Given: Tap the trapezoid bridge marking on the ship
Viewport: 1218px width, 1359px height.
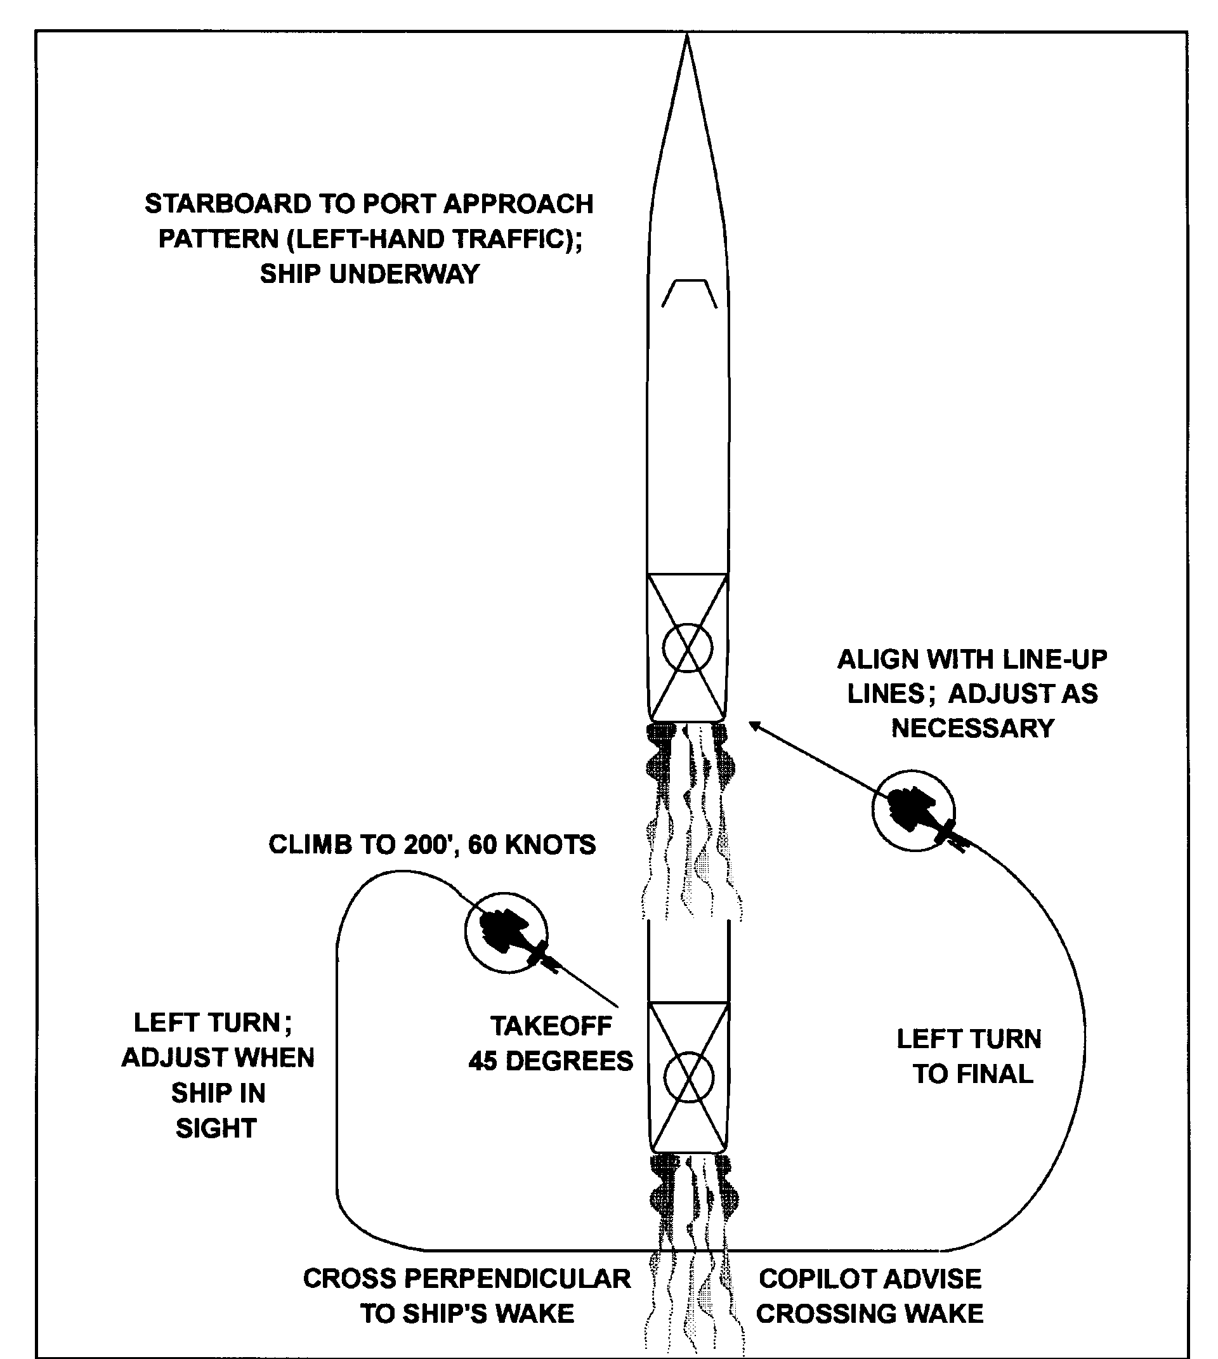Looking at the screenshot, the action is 690,281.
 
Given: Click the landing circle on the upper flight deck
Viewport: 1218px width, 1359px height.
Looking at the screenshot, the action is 687,647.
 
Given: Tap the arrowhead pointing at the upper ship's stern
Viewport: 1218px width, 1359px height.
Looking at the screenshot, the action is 755,726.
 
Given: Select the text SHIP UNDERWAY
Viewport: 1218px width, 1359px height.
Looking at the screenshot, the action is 370,274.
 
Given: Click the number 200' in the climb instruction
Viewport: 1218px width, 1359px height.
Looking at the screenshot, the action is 431,845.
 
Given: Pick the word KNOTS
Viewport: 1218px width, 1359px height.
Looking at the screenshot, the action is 549,845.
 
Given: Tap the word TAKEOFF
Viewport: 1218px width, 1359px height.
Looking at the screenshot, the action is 551,1026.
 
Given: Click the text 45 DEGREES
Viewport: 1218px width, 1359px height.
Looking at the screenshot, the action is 551,1060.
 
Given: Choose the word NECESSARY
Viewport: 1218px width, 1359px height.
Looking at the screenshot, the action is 973,728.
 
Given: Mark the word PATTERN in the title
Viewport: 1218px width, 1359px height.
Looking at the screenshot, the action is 219,239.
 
